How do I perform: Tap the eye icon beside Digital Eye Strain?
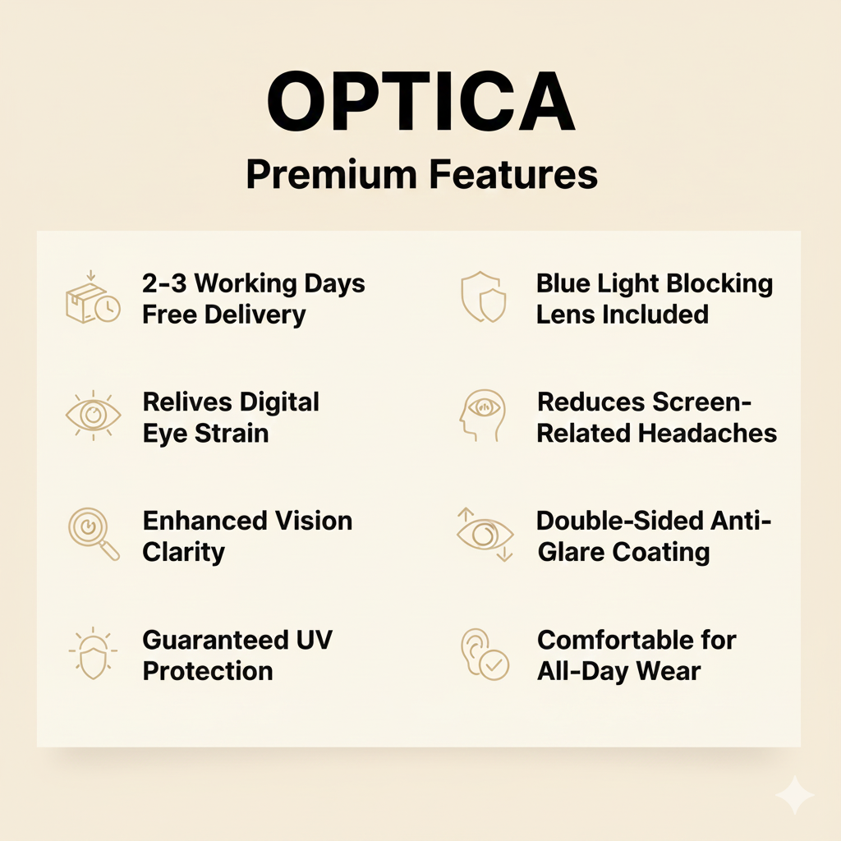click(93, 416)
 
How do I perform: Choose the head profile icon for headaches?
click(481, 416)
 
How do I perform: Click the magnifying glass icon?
click(93, 535)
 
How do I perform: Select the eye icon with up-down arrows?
click(484, 535)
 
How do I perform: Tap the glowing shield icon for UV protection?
click(92, 655)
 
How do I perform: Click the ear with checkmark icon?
click(484, 655)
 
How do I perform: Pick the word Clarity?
click(184, 551)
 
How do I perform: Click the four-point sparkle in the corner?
click(794, 794)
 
